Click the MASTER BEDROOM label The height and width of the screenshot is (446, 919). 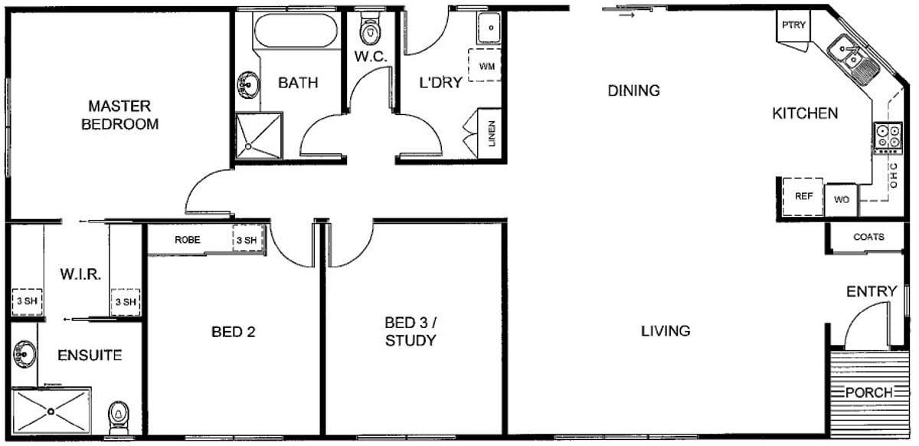(x=119, y=115)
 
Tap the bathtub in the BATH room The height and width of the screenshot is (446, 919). (x=296, y=31)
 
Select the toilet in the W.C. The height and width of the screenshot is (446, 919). (x=370, y=28)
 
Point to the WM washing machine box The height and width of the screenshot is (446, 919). (x=485, y=65)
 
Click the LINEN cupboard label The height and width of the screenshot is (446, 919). (x=492, y=133)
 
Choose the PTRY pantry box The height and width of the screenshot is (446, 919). (x=793, y=26)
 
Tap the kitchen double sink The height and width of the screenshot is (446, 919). (x=852, y=61)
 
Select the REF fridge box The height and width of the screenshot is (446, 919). (x=803, y=197)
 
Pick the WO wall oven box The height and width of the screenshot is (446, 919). (x=841, y=200)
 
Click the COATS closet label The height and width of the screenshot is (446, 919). (x=868, y=237)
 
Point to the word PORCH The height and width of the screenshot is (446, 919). (x=869, y=392)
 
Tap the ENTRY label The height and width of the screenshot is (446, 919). (x=872, y=291)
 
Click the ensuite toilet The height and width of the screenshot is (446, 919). (x=119, y=417)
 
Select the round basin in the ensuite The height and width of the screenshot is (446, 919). (x=25, y=354)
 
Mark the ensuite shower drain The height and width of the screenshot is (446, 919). (x=51, y=411)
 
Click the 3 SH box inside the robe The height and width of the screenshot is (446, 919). (x=247, y=240)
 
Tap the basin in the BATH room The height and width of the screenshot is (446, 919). (x=248, y=85)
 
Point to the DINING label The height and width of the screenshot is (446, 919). (x=633, y=90)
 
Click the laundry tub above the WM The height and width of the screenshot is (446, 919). (x=489, y=28)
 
